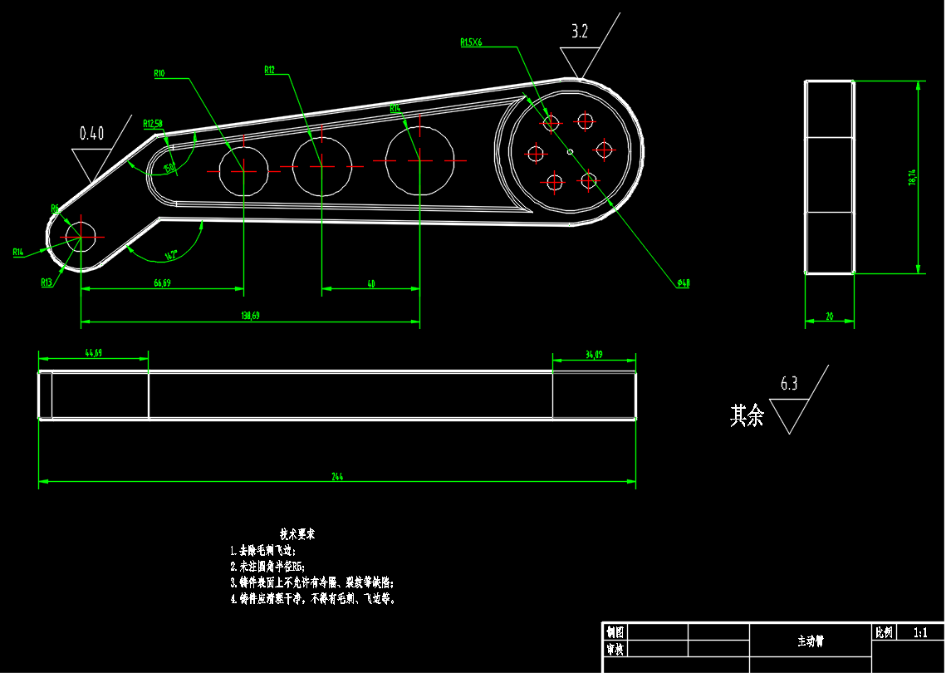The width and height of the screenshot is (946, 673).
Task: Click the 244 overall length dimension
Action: coord(337,477)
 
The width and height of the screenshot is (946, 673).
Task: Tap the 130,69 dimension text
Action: coord(251,316)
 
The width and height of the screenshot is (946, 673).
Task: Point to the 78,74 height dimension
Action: coord(912,177)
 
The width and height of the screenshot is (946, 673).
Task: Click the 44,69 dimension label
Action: coord(93,353)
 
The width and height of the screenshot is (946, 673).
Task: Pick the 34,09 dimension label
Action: coord(594,355)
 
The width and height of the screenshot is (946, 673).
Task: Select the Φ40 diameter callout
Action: coord(683,283)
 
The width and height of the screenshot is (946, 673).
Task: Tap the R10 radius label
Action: coord(159,73)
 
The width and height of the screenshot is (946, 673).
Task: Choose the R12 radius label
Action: coord(269,70)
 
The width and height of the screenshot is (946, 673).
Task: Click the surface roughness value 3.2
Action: coord(580,32)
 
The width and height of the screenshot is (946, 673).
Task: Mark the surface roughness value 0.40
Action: coord(91,133)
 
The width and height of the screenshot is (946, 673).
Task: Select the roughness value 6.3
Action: coord(789,384)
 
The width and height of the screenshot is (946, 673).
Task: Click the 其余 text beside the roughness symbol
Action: coord(746,415)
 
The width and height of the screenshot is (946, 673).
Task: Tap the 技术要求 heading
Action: coord(297,533)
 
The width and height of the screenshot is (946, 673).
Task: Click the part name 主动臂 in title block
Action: coord(811,641)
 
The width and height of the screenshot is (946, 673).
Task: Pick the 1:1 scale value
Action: coord(920,632)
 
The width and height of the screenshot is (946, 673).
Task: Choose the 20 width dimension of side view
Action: coord(829,317)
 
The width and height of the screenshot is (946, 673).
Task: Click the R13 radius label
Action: coord(47,282)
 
